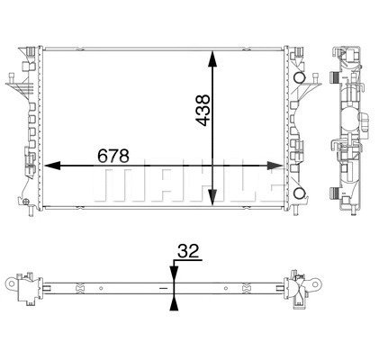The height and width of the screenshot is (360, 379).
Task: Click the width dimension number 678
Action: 113,156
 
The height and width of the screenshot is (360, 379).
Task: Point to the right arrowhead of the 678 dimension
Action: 278,166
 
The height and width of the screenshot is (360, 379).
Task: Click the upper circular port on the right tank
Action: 300,80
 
